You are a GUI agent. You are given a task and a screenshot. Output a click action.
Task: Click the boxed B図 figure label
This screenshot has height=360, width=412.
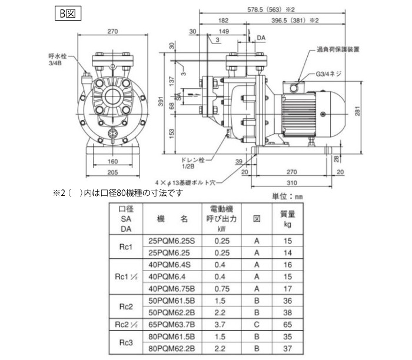pyautogui.click(x=68, y=14)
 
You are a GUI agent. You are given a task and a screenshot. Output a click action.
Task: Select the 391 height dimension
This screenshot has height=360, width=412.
pyautogui.click(x=161, y=101)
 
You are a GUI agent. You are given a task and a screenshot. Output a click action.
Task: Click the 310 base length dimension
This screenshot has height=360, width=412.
pyautogui.click(x=292, y=183)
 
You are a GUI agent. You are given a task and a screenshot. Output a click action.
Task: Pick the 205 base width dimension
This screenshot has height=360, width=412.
pyautogui.click(x=112, y=172)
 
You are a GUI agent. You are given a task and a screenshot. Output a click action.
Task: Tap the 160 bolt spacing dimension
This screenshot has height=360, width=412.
pyautogui.click(x=112, y=161)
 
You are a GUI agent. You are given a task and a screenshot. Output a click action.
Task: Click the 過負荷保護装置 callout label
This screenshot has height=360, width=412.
pyautogui.click(x=338, y=49)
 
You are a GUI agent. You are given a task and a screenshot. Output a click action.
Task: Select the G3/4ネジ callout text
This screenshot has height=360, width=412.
pyautogui.click(x=328, y=74)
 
